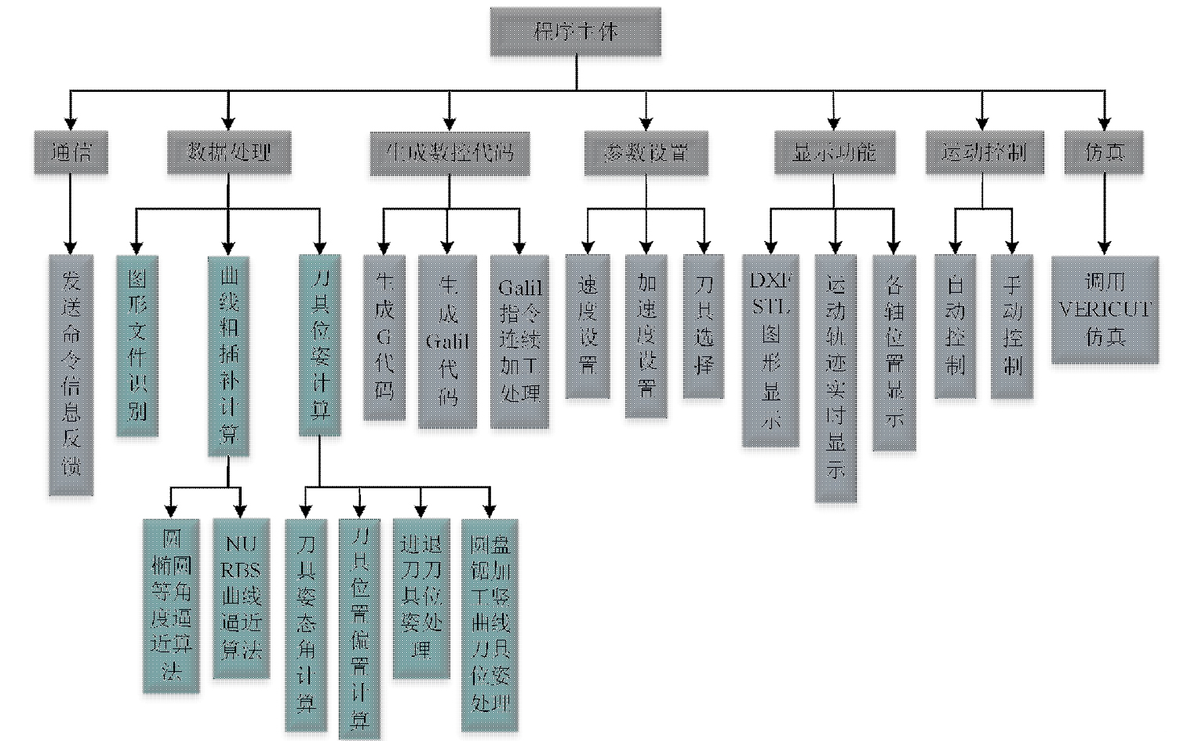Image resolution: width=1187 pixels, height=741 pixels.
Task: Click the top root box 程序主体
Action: (x=576, y=32)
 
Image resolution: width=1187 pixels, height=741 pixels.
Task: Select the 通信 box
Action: (x=71, y=152)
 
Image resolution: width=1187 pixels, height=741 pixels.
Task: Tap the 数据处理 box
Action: (x=228, y=152)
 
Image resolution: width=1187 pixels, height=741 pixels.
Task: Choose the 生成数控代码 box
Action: (x=450, y=152)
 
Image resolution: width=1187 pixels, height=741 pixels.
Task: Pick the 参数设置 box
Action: (x=646, y=152)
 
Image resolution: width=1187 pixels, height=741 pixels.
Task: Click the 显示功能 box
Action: (x=834, y=152)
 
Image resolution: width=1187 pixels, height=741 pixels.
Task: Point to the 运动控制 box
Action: (x=983, y=152)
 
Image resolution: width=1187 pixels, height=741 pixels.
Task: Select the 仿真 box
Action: (x=1104, y=152)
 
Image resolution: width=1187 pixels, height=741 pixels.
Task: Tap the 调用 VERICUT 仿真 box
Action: (x=1105, y=309)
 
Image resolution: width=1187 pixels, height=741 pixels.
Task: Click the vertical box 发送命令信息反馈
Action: (x=71, y=375)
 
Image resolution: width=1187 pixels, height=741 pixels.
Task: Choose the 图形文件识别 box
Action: (x=137, y=345)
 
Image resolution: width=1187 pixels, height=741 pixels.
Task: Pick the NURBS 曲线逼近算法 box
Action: (x=241, y=598)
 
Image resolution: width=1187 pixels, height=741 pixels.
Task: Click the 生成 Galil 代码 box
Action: (x=447, y=341)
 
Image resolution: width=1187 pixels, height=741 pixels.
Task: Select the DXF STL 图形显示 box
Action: (x=771, y=350)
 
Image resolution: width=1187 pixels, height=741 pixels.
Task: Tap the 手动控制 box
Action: (x=1012, y=326)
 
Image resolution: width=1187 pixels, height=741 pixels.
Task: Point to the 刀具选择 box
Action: (x=704, y=326)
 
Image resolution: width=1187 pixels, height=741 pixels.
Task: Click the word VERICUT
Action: (x=1105, y=309)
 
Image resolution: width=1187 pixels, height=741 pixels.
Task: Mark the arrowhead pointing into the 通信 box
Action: (x=71, y=123)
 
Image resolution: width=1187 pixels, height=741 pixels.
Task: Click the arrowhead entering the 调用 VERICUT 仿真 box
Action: (x=1105, y=247)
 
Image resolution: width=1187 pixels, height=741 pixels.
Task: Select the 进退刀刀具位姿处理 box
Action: (x=421, y=598)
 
